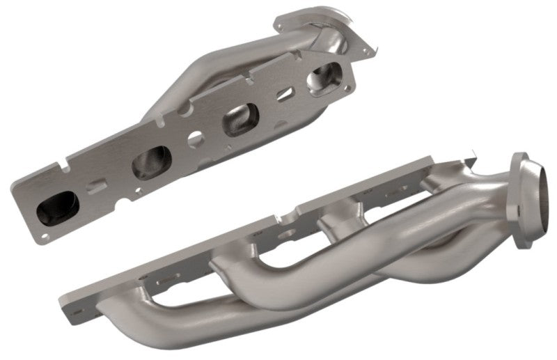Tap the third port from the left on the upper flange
239,123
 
